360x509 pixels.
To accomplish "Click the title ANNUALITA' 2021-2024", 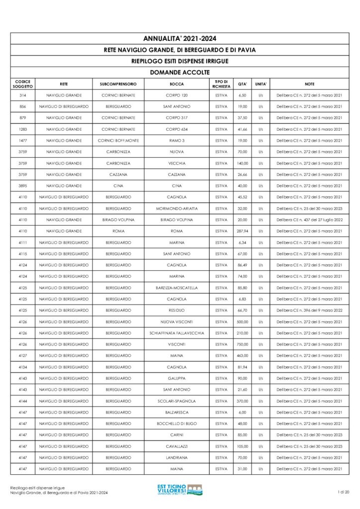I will point(180,38).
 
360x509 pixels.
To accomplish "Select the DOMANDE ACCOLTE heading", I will point(180,72).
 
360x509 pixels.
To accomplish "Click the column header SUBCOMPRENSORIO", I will point(118,84).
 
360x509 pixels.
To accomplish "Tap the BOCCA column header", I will point(177,84).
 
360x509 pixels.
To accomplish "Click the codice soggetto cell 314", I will point(23,95).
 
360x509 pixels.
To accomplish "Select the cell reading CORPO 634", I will point(177,129).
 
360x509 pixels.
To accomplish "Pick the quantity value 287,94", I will point(242,231).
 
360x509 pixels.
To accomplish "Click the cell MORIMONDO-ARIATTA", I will point(177,208).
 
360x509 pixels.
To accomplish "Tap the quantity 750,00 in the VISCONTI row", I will point(242,344).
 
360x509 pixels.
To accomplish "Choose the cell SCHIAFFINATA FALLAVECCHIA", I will point(177,333).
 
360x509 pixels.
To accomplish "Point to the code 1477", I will point(23,141).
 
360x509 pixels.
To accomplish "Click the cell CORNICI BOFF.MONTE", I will point(118,141).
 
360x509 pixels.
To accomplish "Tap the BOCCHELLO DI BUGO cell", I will point(177,424).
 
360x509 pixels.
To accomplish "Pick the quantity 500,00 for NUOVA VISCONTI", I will point(242,322).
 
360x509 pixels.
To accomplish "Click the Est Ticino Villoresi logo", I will point(180,490).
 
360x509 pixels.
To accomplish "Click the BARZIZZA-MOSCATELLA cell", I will point(177,288).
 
